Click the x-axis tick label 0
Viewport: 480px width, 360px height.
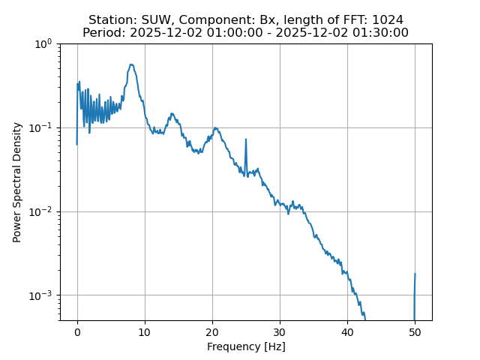[x=77, y=331]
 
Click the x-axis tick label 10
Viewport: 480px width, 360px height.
[x=145, y=331]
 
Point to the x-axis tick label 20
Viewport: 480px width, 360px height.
[x=212, y=331]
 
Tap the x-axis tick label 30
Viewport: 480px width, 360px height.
[x=280, y=331]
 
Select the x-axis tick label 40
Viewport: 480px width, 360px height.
[x=347, y=331]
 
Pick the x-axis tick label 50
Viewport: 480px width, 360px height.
[x=415, y=331]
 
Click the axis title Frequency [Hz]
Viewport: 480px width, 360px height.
[x=246, y=346]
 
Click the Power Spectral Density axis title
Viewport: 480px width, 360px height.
[x=17, y=182]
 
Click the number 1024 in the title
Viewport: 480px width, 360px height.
[x=388, y=19]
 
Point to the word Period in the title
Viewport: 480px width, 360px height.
[x=103, y=33]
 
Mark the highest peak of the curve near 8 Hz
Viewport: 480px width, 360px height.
[x=131, y=64]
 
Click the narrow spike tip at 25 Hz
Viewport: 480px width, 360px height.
[x=246, y=138]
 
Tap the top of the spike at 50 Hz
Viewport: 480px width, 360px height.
[x=415, y=274]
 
